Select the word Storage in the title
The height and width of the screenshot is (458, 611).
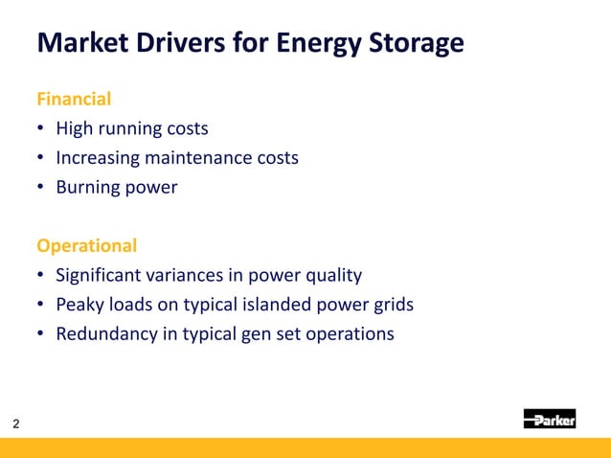(415, 44)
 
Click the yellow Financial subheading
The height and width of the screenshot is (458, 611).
(74, 99)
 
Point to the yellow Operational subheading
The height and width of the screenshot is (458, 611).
(86, 245)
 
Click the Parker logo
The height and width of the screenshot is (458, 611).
(549, 419)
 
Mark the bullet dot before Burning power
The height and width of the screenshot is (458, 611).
(41, 188)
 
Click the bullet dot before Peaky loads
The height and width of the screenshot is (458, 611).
(41, 306)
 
